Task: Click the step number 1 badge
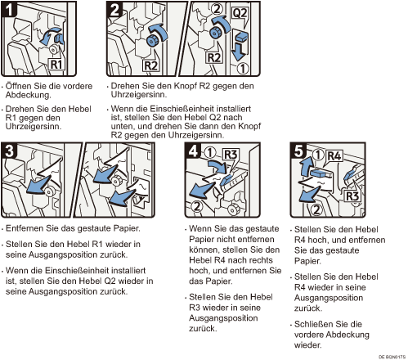[x=9, y=9]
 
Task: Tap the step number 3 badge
[x=9, y=151]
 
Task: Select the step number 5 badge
[x=298, y=151]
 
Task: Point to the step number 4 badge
[x=193, y=151]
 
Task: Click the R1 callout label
[x=56, y=65]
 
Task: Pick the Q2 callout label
[x=240, y=12]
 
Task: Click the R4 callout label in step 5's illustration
[x=334, y=156]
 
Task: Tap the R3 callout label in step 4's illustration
[x=231, y=155]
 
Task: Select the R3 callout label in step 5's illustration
[x=352, y=196]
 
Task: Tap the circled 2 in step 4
[x=197, y=206]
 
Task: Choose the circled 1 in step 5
[x=318, y=155]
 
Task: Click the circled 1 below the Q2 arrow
[x=242, y=69]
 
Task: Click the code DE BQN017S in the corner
[x=392, y=357]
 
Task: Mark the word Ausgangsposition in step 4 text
[x=223, y=318]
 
